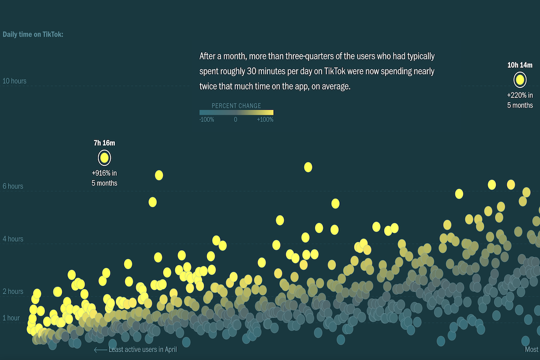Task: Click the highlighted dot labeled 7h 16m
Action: point(104,158)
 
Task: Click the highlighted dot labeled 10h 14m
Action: point(520,80)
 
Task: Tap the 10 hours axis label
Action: point(15,81)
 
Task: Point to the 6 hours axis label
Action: point(13,186)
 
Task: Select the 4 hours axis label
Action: point(13,239)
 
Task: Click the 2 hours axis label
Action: point(13,292)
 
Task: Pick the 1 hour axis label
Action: point(12,318)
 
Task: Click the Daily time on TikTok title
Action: point(33,34)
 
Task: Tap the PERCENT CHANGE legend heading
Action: point(236,106)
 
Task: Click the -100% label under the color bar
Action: point(207,120)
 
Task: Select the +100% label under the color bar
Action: point(265,120)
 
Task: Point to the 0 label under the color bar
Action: point(235,120)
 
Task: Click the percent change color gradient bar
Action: point(236,113)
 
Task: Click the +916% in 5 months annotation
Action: point(104,178)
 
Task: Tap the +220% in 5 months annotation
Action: point(520,101)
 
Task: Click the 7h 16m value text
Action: point(104,143)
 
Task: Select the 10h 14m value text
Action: point(520,65)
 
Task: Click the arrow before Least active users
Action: point(100,350)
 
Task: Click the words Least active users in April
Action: point(143,350)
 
